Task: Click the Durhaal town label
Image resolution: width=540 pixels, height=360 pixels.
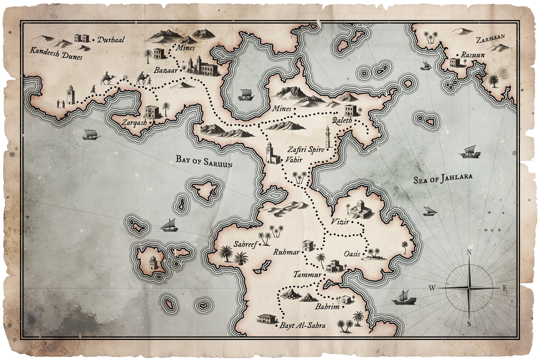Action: (111, 40)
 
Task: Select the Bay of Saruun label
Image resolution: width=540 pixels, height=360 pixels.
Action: (204, 161)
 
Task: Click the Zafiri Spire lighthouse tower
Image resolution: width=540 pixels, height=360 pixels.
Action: (328, 137)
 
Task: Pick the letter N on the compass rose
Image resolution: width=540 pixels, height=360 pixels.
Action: (469, 253)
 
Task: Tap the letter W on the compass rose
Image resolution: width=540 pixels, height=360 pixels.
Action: (432, 288)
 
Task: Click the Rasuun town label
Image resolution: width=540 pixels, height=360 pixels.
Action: (473, 55)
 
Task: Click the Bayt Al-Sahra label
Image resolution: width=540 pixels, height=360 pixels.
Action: (303, 326)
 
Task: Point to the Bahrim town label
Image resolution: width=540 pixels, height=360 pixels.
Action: (327, 307)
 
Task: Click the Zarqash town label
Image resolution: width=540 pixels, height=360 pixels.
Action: (134, 123)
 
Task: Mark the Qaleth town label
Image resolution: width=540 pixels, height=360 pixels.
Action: (342, 121)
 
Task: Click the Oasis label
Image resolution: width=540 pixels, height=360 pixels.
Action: (352, 254)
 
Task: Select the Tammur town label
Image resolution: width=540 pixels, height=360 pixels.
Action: (307, 275)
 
